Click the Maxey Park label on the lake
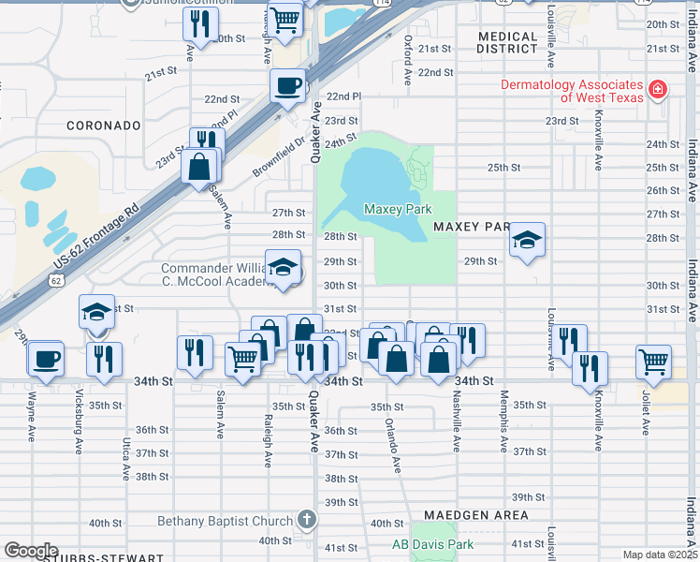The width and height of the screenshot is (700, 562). coord(398,209)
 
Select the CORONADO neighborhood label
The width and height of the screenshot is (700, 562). coord(103,125)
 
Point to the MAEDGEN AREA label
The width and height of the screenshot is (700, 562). coord(475,515)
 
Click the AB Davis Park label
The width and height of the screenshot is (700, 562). coord(432,544)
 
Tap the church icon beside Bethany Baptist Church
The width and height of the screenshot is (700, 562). coord(306,520)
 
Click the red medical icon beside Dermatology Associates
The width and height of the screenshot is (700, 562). coord(658,90)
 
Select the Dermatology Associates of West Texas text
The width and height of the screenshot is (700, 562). coord(572,91)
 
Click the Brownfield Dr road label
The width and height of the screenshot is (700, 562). coord(279,158)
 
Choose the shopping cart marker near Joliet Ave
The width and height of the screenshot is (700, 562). coord(653,361)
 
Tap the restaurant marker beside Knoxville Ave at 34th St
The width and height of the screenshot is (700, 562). coord(591,368)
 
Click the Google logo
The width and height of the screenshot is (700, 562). coord(31,551)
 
